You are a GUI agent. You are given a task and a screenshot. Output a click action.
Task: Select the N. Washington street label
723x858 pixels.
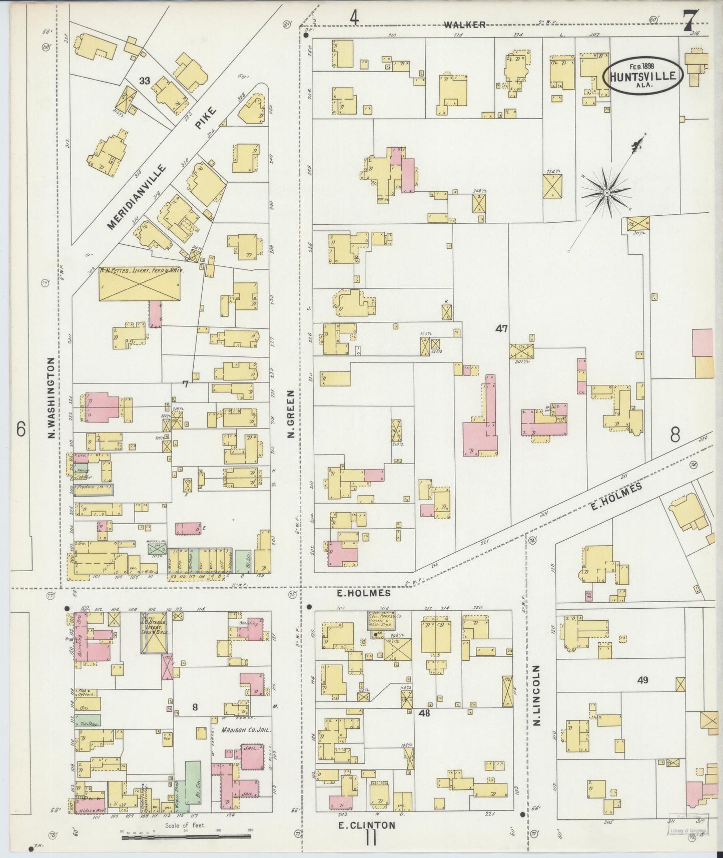(51, 398)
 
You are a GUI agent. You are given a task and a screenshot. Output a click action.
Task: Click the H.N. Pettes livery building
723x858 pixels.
(140, 284)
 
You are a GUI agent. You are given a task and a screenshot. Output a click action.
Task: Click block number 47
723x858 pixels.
(501, 329)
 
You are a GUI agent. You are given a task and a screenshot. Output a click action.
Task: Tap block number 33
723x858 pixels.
(145, 81)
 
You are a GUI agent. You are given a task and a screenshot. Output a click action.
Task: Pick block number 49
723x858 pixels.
(643, 680)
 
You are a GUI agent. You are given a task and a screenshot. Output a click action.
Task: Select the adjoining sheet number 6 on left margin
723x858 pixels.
(21, 430)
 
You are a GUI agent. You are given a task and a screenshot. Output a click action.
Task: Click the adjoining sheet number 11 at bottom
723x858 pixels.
(371, 837)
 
